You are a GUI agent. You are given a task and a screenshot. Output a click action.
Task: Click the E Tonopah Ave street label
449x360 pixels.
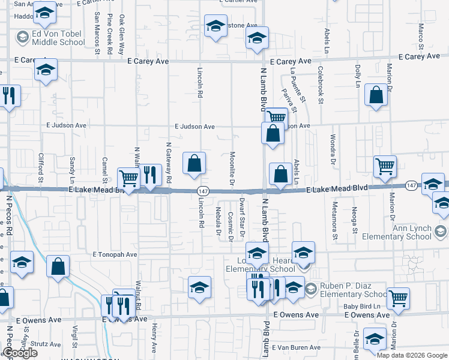[x=115, y=254]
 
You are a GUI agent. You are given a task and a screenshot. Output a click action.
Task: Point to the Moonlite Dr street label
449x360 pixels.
[x=232, y=167]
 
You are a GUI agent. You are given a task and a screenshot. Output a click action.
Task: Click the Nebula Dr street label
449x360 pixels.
[x=218, y=220]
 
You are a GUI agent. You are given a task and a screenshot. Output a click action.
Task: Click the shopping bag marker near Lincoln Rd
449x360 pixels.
[x=194, y=163]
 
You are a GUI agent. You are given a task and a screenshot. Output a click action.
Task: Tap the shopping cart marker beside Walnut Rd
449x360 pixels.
[x=128, y=178]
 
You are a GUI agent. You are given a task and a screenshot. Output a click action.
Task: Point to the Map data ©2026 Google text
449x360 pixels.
[x=411, y=355]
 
